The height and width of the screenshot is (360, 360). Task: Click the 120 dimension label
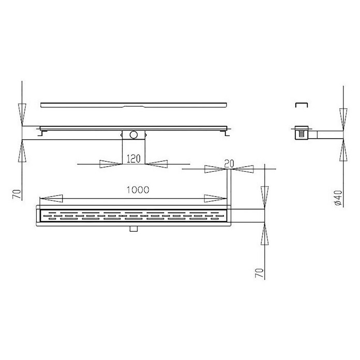tap(133, 159)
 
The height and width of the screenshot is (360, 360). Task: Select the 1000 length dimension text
tap(138, 190)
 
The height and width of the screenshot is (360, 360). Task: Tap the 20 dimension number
tap(229, 163)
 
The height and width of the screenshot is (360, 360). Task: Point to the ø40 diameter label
tap(339, 198)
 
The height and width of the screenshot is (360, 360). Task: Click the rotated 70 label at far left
tap(17, 194)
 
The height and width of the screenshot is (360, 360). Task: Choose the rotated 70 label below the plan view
tap(259, 273)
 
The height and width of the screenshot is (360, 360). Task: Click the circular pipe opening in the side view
tap(133, 135)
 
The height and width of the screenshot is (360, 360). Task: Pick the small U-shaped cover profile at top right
tap(302, 105)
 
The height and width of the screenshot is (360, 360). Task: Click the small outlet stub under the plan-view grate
tap(133, 229)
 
